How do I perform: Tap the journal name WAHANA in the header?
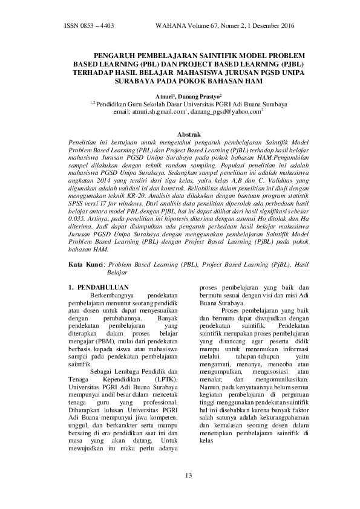point(171,27)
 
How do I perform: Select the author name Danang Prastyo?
point(200,96)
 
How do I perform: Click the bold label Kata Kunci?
point(85,264)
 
